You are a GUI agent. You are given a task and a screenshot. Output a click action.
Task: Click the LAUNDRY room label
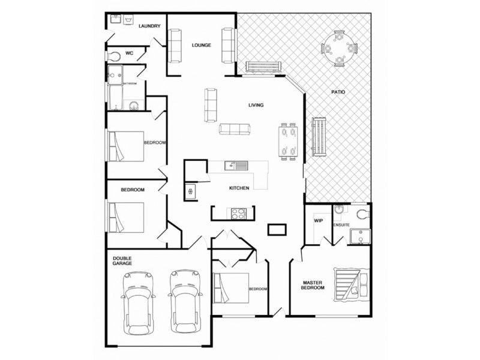[149, 26]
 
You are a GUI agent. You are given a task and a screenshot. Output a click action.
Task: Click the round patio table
[339, 47]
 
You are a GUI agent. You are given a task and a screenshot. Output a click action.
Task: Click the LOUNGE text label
[201, 45]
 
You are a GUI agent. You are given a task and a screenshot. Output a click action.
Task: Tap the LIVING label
[257, 106]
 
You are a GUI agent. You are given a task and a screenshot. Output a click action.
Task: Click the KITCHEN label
[239, 188]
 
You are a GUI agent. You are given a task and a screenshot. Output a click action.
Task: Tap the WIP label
[319, 221]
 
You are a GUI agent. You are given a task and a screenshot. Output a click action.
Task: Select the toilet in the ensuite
[362, 214]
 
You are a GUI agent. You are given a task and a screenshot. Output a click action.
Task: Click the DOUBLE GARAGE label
[122, 260]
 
